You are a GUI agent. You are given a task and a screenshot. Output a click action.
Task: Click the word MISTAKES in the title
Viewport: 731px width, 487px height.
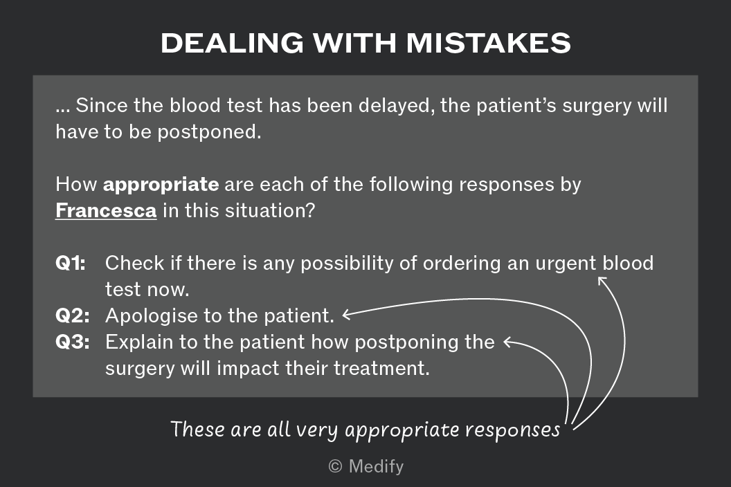[488, 43]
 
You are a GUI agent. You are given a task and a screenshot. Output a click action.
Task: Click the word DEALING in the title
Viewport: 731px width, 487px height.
[232, 43]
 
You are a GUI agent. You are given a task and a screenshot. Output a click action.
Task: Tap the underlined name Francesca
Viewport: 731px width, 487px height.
[106, 210]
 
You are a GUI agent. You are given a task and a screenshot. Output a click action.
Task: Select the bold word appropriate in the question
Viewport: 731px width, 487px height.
[161, 185]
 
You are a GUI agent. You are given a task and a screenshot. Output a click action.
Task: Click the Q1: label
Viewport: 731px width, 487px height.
[71, 264]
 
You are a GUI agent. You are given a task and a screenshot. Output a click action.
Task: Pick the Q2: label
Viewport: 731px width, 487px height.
[72, 315]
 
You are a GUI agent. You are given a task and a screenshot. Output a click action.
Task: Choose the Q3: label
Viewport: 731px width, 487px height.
[72, 342]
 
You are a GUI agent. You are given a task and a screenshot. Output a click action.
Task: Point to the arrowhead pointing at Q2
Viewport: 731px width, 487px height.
[345, 315]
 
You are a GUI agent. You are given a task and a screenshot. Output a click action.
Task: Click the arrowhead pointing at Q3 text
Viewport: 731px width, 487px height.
[507, 342]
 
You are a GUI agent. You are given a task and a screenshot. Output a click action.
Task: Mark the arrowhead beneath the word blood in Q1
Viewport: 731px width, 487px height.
[602, 280]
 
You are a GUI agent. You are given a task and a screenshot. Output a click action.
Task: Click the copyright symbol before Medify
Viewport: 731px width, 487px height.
[335, 466]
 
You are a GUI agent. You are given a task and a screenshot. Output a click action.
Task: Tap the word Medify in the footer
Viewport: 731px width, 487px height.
[376, 467]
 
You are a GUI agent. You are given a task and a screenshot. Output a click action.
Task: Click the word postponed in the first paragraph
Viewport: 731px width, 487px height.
[209, 133]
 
